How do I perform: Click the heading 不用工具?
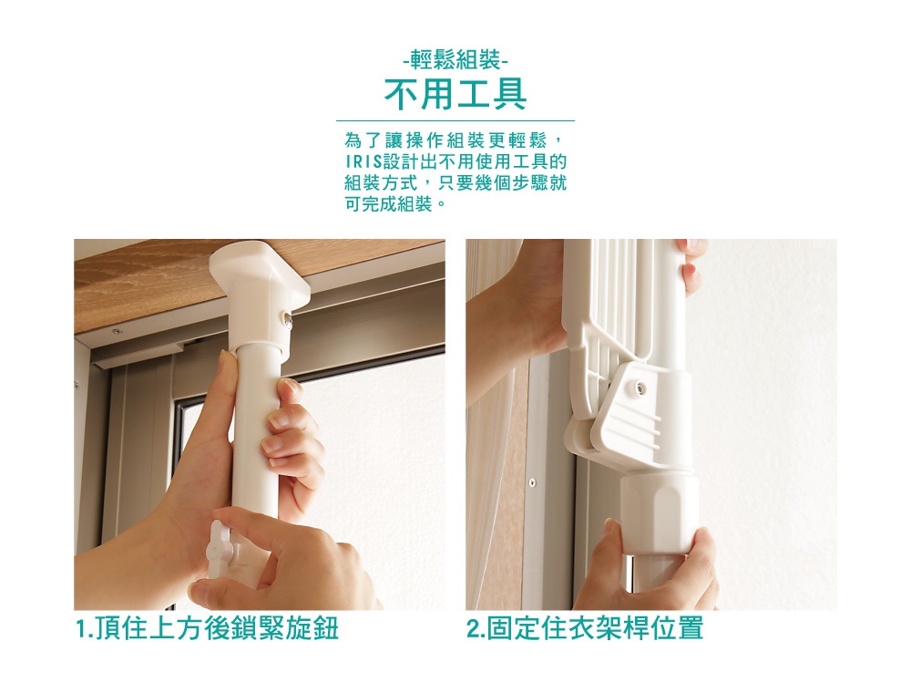[x=455, y=94]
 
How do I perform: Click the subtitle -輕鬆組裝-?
[x=455, y=62]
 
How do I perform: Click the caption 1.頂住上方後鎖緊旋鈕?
[x=207, y=629]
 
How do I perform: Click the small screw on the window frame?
[x=531, y=481]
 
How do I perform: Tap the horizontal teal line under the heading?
[x=455, y=120]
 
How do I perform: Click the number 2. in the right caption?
[x=476, y=629]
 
